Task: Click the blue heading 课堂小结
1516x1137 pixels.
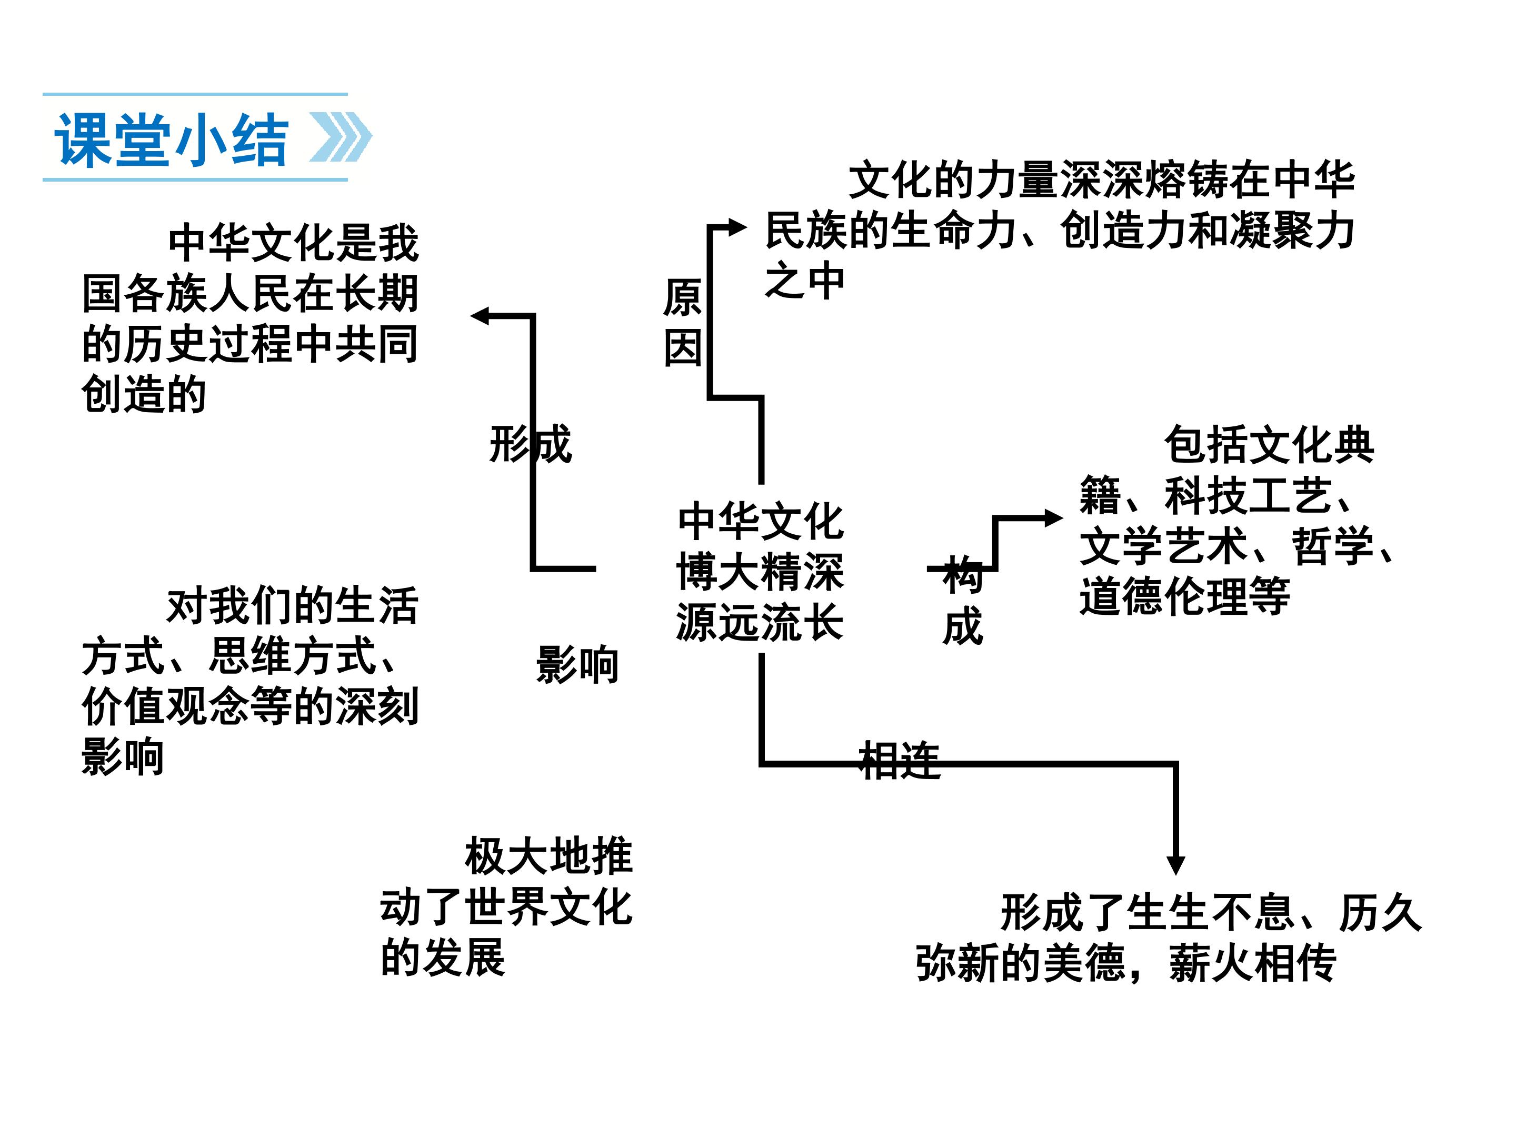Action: click(x=171, y=140)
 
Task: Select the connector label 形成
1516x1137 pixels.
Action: click(x=530, y=444)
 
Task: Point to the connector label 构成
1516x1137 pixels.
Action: click(x=963, y=601)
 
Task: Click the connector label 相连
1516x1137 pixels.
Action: click(x=899, y=761)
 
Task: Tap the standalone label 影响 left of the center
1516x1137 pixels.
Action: click(x=577, y=665)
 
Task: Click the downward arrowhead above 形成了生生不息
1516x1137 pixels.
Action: click(x=1176, y=865)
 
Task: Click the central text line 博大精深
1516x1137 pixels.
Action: click(x=760, y=572)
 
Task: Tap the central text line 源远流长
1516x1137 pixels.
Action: click(x=760, y=622)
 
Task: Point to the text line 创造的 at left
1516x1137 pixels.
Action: click(x=144, y=394)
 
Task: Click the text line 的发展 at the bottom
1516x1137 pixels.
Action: click(x=443, y=958)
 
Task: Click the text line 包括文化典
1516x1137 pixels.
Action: click(x=1269, y=445)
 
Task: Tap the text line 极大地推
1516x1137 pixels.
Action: click(x=548, y=856)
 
